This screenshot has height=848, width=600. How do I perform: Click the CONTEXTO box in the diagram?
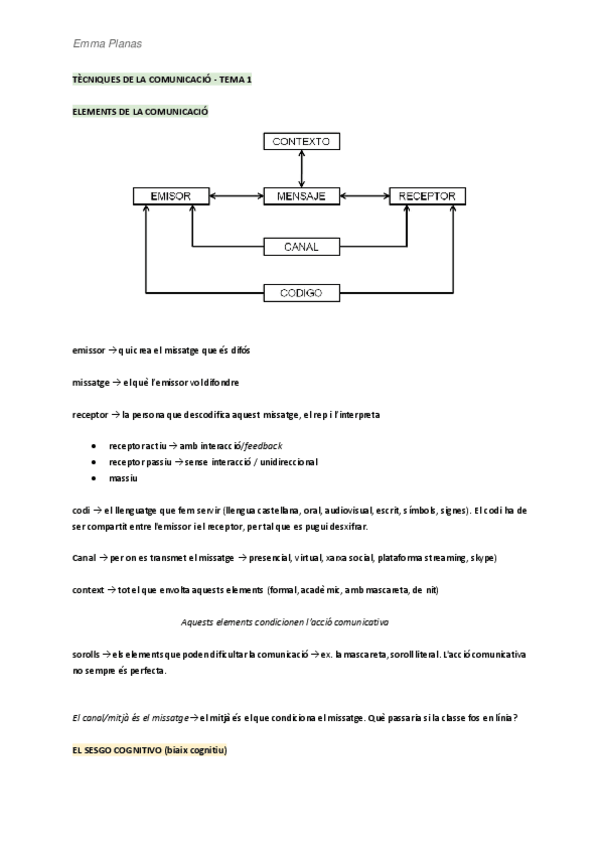301,142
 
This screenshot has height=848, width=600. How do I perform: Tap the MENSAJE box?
301,195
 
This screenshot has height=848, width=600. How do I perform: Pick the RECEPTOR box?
427,195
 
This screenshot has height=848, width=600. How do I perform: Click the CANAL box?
301,245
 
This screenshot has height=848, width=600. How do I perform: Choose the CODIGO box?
301,293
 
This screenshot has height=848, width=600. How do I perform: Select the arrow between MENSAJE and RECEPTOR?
364,195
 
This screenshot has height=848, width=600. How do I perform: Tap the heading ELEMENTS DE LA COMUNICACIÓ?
140,112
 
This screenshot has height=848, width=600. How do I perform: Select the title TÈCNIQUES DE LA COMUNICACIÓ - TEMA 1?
163,78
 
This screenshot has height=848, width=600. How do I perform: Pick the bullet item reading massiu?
123,480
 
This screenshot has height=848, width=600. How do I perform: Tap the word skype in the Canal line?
482,557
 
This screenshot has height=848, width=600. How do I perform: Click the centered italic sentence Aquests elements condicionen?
285,622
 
